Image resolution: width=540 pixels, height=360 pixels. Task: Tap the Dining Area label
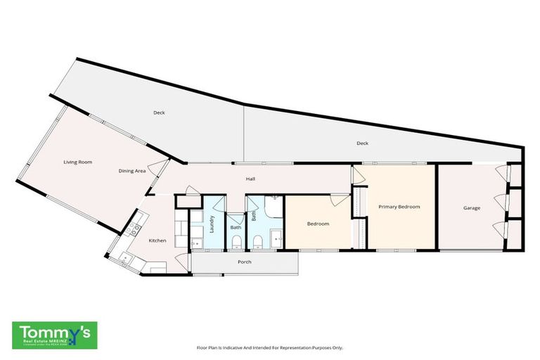131,171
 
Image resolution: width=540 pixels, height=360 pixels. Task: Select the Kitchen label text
157,240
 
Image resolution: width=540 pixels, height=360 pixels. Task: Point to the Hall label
250,179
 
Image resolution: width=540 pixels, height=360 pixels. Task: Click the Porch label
244,262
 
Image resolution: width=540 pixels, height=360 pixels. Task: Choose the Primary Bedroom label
399,207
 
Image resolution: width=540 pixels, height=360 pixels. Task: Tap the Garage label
471,208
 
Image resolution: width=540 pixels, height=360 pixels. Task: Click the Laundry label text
211,224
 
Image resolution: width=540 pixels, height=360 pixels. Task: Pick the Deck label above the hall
362,143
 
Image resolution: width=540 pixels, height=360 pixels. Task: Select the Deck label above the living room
159,112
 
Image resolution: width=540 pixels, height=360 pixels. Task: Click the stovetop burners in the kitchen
130,229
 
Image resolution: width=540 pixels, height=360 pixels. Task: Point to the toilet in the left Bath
236,243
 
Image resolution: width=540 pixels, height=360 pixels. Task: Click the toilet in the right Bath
258,243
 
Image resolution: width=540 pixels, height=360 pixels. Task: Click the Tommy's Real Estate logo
55,335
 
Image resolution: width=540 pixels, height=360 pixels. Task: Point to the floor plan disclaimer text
269,347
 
